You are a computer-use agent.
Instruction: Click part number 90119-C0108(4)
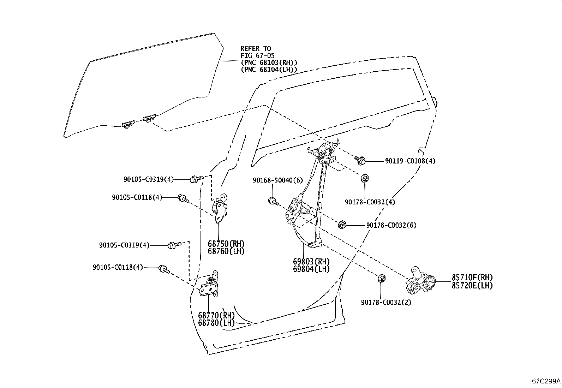click(x=410, y=161)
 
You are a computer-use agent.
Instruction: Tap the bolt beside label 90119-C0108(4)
click(x=360, y=160)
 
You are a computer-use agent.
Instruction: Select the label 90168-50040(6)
click(x=278, y=180)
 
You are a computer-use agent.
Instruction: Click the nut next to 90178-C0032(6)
click(x=342, y=225)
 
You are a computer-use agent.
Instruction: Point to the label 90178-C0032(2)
click(x=386, y=303)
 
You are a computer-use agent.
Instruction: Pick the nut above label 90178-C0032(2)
click(x=381, y=278)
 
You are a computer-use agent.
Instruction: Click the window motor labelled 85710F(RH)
click(x=420, y=280)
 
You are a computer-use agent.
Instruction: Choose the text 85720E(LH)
click(x=472, y=286)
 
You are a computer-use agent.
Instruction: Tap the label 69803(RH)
click(x=311, y=262)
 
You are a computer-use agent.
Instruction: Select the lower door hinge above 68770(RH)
click(x=209, y=284)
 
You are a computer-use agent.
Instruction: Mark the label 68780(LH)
click(x=216, y=323)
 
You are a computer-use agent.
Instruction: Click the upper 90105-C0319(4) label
click(x=149, y=179)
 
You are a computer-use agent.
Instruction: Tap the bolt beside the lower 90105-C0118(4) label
click(x=165, y=269)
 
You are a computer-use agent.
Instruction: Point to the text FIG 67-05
click(x=257, y=55)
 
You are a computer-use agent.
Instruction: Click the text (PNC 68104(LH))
click(x=269, y=69)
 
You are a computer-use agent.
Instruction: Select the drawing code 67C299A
click(x=546, y=381)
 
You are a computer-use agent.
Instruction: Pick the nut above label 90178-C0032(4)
click(x=364, y=178)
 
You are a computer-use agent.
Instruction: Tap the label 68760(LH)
click(x=226, y=251)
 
